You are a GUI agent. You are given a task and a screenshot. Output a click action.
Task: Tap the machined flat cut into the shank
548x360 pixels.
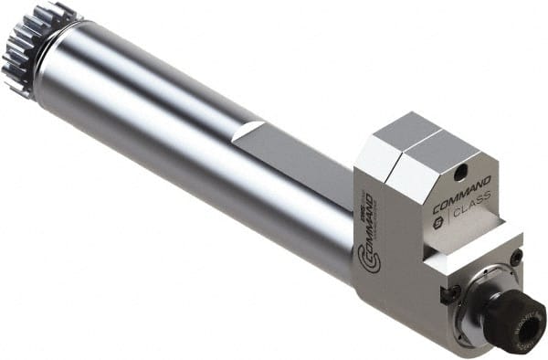(x=292, y=160)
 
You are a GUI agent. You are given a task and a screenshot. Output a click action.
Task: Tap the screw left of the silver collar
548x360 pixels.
(x=448, y=294)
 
